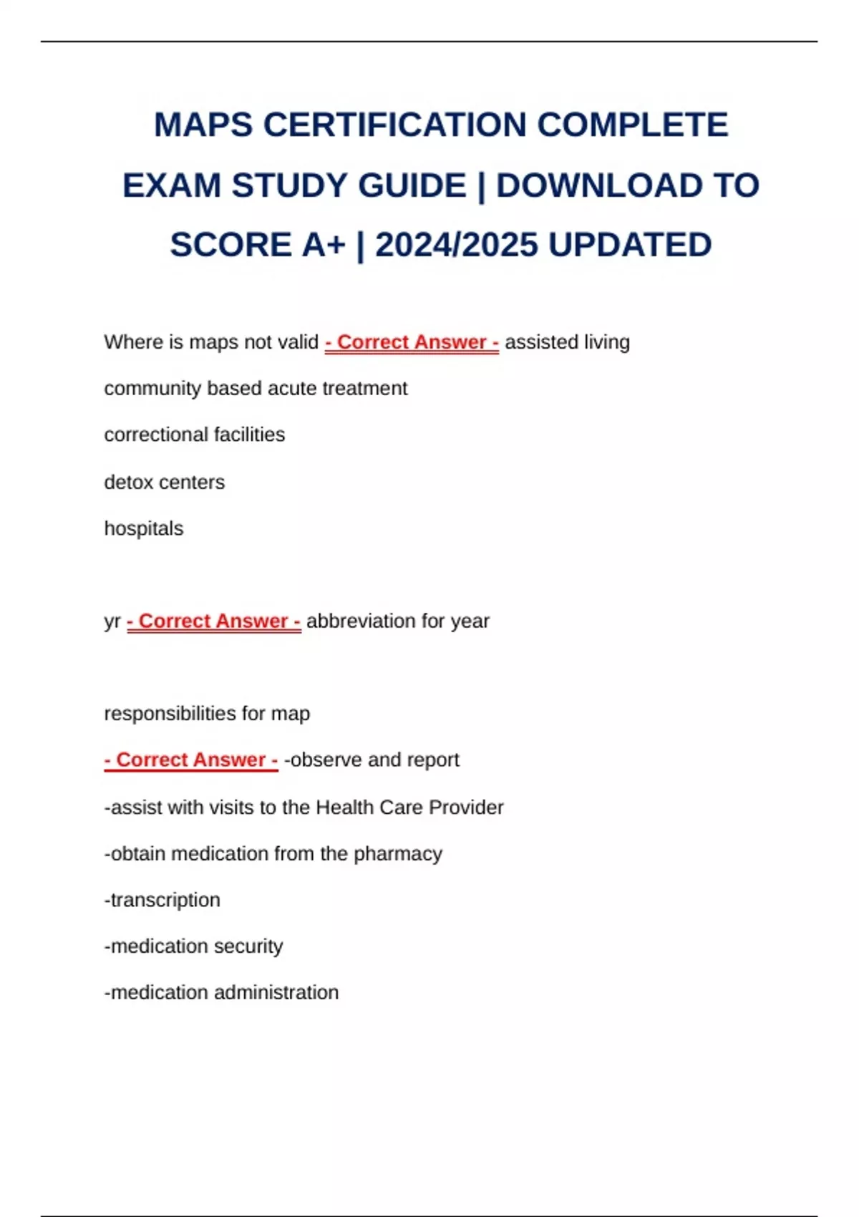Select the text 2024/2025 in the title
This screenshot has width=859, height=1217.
coord(456,246)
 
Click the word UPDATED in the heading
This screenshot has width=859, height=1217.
coord(630,246)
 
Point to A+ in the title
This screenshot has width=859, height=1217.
coord(324,246)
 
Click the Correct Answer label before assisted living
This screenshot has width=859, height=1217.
coord(412,342)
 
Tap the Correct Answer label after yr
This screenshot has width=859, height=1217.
coord(213,621)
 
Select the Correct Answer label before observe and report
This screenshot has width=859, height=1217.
coord(191,760)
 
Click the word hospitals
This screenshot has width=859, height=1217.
coord(144,528)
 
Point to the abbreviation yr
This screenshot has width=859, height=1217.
coord(112,621)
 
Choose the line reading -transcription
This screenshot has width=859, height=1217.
coord(162,900)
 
